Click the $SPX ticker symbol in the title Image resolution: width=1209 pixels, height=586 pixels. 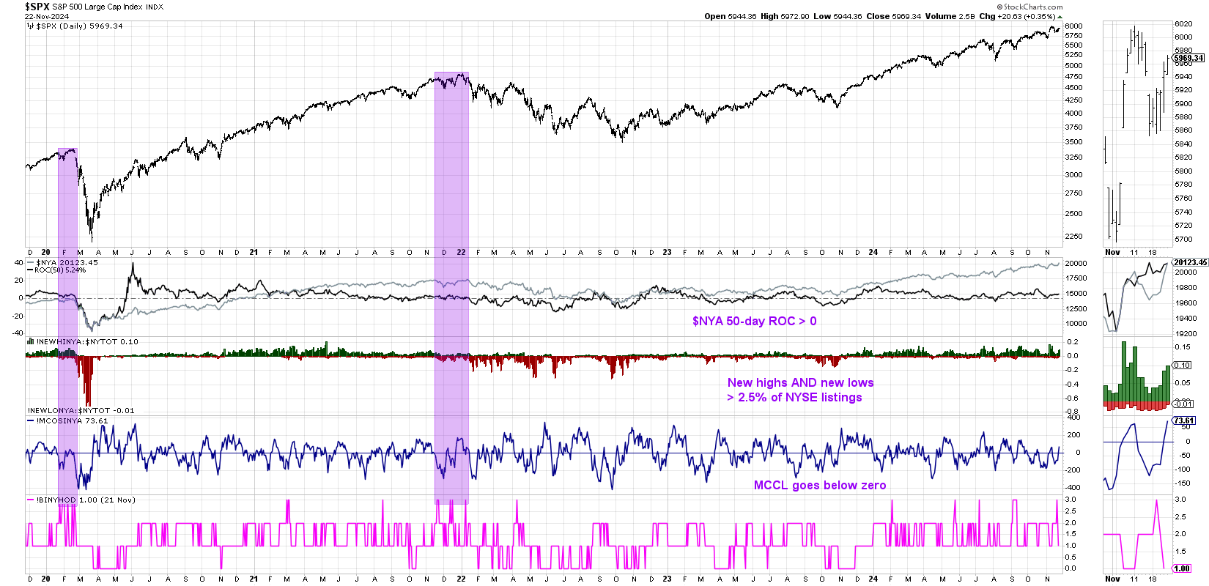click(37, 7)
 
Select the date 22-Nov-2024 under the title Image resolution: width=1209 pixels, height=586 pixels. click(47, 16)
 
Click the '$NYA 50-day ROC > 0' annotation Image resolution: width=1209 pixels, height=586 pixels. click(754, 321)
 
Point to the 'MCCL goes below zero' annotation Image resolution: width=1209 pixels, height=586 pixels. click(819, 485)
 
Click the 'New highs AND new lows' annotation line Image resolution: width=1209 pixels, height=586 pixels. click(800, 382)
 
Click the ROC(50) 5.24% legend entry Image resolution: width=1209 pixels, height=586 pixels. click(60, 270)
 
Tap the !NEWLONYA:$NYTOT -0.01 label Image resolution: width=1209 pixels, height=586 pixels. click(81, 410)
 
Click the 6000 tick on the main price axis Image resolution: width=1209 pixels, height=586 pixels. click(1073, 26)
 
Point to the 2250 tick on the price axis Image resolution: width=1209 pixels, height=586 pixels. click(1073, 236)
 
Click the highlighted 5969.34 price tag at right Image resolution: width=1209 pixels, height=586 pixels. click(1188, 58)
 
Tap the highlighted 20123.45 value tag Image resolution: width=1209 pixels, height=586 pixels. click(1190, 262)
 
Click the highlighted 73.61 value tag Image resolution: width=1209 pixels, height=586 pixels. click(1184, 420)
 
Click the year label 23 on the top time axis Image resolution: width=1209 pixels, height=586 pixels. click(667, 252)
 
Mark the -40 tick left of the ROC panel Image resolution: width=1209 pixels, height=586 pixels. click(18, 333)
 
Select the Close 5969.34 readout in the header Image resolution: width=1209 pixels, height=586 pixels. click(893, 16)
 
